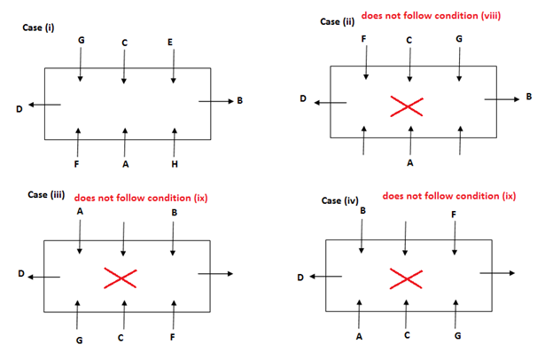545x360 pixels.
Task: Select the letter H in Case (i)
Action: (175, 164)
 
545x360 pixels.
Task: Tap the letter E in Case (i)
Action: (170, 42)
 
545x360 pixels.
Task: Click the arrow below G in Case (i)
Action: (81, 69)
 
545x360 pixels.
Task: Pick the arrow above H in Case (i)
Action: (175, 139)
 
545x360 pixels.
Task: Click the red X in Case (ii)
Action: (407, 107)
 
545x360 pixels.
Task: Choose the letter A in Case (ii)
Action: (410, 163)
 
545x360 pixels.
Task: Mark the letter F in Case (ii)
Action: (362, 39)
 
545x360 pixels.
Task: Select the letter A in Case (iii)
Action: (81, 213)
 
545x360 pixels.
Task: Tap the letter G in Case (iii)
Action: (79, 339)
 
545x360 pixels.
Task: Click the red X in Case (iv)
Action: (407, 280)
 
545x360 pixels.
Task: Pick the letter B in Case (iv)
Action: (362, 211)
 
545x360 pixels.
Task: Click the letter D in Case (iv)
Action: (300, 278)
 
